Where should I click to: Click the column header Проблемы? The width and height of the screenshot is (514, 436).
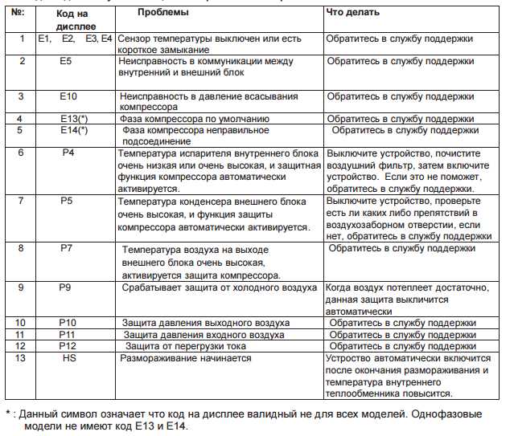[163, 14]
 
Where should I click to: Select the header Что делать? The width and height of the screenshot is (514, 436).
[353, 14]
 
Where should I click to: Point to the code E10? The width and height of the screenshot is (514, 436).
[68, 96]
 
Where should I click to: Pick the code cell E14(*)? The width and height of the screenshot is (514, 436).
[74, 130]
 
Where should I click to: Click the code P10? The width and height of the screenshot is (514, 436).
[68, 323]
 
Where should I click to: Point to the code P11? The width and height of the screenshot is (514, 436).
[68, 334]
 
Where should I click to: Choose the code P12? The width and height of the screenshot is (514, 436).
[68, 345]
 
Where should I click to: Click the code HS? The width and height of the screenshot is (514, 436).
[69, 358]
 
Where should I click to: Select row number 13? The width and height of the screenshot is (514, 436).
[22, 358]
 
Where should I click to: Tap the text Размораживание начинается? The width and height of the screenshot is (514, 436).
[186, 358]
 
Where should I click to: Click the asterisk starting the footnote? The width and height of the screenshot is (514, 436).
[9, 414]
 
